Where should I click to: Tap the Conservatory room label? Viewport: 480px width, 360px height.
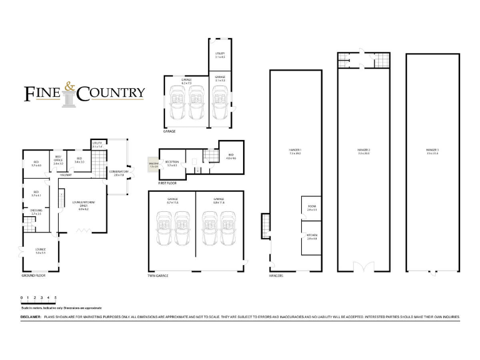119,172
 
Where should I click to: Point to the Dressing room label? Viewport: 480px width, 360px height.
36,212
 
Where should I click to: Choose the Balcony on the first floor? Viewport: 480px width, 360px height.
153,165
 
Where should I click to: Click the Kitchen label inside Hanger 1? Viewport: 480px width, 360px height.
312,237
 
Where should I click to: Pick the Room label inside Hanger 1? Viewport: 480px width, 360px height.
312,209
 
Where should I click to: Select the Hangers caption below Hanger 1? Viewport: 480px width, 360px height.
276,275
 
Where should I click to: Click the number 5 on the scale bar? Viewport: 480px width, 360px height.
56,297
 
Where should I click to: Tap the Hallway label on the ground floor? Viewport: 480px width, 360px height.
66,175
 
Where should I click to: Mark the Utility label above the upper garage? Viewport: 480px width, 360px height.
219,54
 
